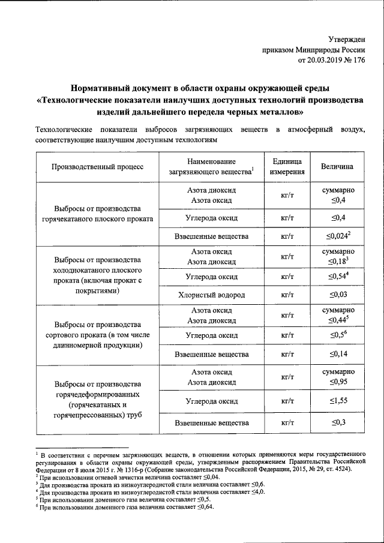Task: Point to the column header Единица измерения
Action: (x=290, y=167)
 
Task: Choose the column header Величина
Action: (x=337, y=167)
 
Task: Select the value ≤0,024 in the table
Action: (x=336, y=236)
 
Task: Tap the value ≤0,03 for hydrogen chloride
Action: (x=338, y=295)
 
